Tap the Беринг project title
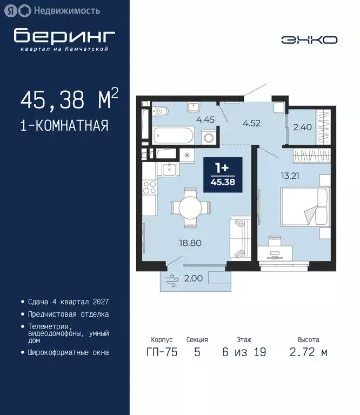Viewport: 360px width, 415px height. pos(64,36)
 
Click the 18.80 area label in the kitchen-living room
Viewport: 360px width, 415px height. pos(190,243)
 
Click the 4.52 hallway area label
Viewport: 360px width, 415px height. pos(251,123)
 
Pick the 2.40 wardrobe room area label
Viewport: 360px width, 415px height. pos(302,128)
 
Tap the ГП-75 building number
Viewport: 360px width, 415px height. pos(161,353)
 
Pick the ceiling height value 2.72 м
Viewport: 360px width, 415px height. pos(309,353)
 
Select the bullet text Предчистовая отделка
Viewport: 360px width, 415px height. pos(68,314)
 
